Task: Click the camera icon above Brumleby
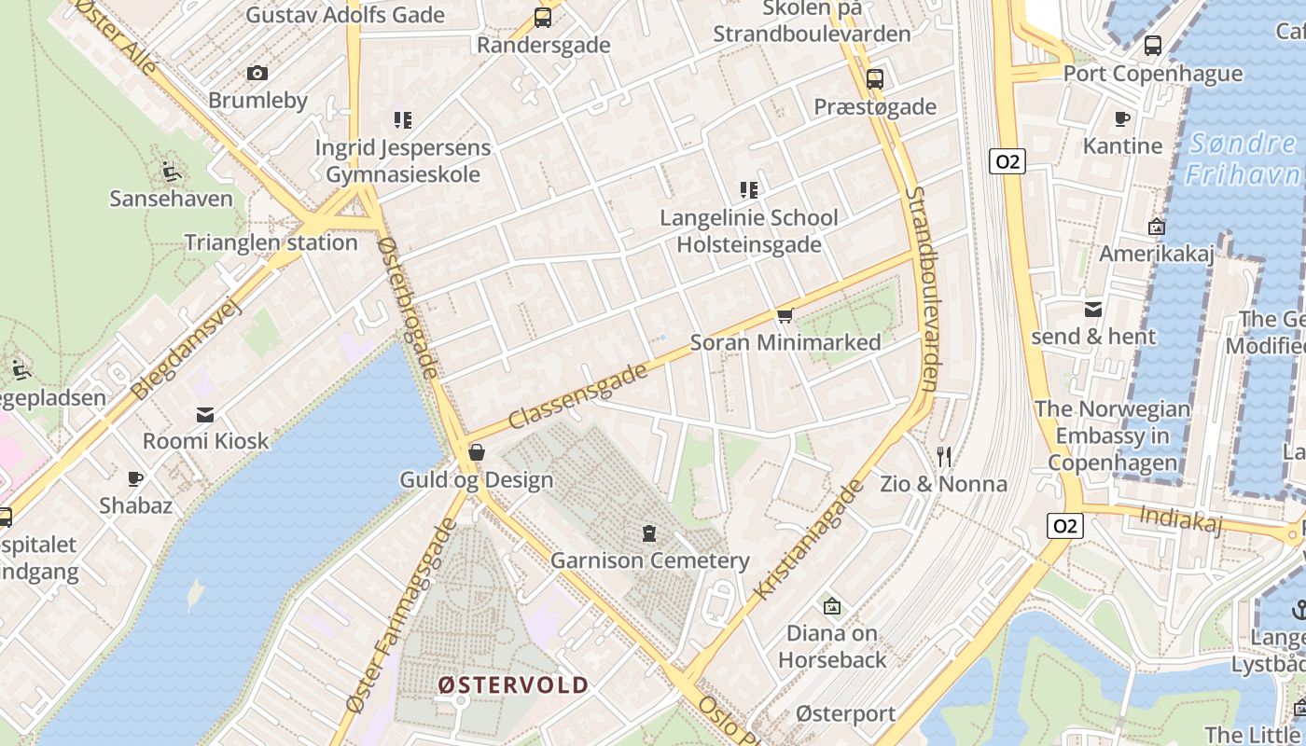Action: (x=257, y=73)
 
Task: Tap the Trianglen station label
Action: (x=271, y=242)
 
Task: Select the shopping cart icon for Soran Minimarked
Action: (x=785, y=316)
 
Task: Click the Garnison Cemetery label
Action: (x=650, y=560)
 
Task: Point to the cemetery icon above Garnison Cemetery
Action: (x=648, y=533)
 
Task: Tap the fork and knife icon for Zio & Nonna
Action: (x=944, y=457)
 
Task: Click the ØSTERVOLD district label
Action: (x=513, y=685)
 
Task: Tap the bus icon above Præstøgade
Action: (x=874, y=79)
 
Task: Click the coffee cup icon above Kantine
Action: (x=1122, y=118)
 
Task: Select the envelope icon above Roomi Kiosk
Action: (x=205, y=414)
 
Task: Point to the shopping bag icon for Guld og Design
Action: (x=477, y=453)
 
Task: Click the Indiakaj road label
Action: (x=1181, y=518)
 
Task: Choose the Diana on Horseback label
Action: (x=832, y=646)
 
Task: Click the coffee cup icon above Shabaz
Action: (x=135, y=478)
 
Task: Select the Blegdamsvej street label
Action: (x=187, y=350)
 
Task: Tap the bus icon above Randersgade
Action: (x=542, y=17)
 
